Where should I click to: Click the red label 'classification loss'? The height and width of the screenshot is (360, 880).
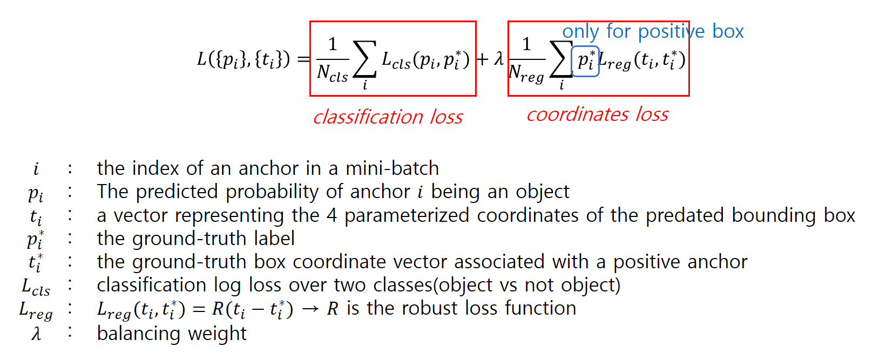388,117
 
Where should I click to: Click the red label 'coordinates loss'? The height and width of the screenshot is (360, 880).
598,114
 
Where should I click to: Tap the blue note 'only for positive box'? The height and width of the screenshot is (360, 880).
653,31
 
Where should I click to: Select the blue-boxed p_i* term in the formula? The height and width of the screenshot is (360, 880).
585,61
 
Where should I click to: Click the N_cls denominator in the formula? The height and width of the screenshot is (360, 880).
332,73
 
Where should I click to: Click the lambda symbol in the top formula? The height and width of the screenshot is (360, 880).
499,58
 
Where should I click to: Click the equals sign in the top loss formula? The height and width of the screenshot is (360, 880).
303,59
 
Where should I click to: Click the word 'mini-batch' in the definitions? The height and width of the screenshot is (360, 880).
392,168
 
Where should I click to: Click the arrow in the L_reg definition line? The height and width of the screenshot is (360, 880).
310,309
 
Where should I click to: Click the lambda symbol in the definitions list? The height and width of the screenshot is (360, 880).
36,334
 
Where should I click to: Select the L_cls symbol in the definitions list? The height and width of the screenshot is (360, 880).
36,287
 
